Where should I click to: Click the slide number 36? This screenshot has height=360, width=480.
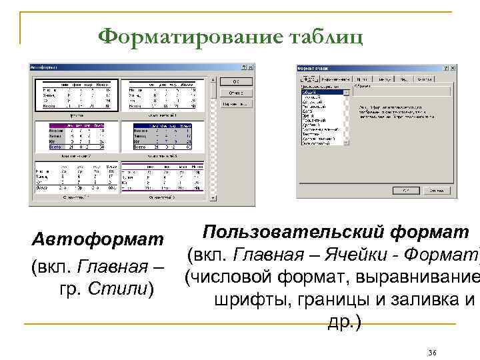[x=432, y=351]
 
